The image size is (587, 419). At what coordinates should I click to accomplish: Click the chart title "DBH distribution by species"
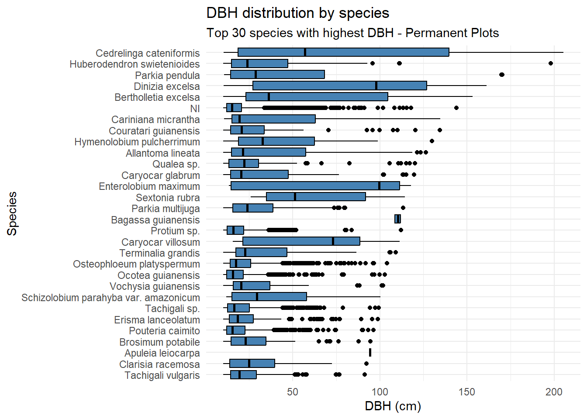[x=297, y=13]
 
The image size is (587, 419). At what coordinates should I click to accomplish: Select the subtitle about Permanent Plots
[x=352, y=33]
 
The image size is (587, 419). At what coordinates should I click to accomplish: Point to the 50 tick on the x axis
[x=293, y=392]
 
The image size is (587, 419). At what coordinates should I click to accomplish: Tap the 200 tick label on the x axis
[x=554, y=392]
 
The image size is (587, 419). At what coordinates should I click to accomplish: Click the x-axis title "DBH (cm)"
[x=393, y=406]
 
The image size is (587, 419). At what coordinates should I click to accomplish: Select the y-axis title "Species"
[x=12, y=214]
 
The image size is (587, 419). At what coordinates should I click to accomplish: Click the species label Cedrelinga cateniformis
[x=148, y=53]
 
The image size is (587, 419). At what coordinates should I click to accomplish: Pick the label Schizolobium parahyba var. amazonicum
[x=110, y=298]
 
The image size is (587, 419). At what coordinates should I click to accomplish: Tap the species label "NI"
[x=195, y=109]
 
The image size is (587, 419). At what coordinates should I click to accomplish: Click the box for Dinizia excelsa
[x=339, y=86]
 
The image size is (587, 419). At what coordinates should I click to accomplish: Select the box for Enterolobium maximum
[x=315, y=185]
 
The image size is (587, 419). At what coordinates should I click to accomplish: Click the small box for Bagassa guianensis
[x=397, y=219]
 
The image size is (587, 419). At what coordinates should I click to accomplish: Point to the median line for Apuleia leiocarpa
[x=370, y=353]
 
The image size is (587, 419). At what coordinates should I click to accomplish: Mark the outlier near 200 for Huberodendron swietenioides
[x=551, y=63]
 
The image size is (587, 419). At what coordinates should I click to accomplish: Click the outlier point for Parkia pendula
[x=502, y=75]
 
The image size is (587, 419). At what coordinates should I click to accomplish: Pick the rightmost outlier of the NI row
[x=456, y=108]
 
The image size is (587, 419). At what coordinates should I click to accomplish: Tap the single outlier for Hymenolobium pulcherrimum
[x=432, y=141]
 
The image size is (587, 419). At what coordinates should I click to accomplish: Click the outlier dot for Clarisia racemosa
[x=366, y=364]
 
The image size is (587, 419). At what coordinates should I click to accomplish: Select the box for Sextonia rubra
[x=316, y=197]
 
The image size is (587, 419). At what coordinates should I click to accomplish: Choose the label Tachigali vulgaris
[x=162, y=375]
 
